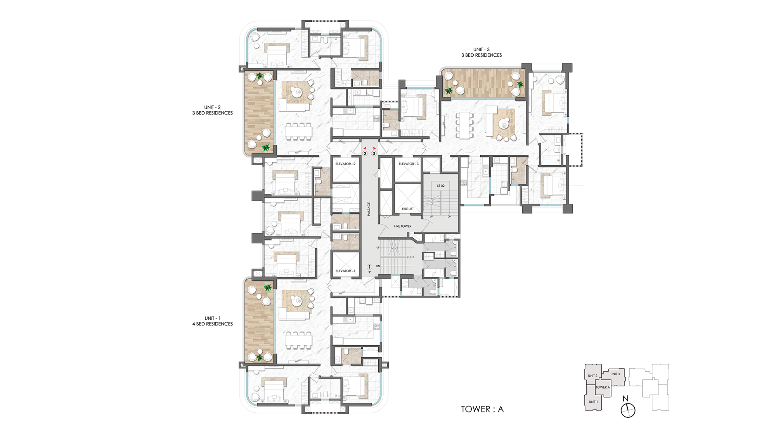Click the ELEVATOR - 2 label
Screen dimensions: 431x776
(345, 164)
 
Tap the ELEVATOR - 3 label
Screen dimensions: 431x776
(409, 164)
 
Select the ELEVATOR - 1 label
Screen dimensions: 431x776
(345, 271)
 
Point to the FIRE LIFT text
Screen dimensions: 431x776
(408, 209)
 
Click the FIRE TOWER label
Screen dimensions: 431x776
(403, 226)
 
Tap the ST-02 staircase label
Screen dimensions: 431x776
(441, 186)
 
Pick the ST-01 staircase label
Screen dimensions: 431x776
(410, 257)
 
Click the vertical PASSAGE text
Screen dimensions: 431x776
(369, 209)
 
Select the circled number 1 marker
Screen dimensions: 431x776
(369, 267)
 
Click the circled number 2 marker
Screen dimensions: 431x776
(365, 154)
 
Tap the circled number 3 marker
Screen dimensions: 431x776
(374, 154)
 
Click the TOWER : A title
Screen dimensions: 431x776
(482, 409)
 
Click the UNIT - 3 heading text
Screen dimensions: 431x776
(482, 50)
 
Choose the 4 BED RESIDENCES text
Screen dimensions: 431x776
(213, 324)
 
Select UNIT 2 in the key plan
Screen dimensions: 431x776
(592, 376)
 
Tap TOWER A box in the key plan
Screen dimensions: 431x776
(603, 387)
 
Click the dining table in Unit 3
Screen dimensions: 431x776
(464, 125)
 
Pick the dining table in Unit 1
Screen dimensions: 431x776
(298, 341)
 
